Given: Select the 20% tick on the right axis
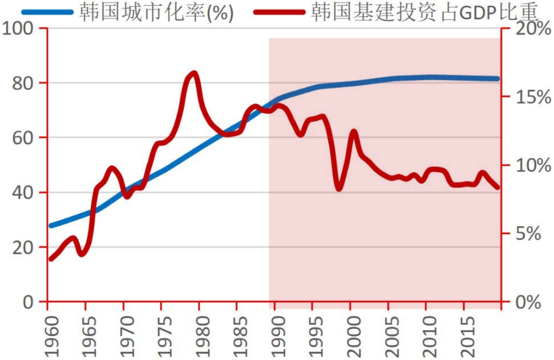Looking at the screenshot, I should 525,29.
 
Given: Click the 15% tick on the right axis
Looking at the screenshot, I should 525,97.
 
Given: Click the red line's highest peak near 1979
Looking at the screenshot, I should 193,74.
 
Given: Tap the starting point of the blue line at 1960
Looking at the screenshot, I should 50,226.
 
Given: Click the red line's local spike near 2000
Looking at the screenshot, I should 353,132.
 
